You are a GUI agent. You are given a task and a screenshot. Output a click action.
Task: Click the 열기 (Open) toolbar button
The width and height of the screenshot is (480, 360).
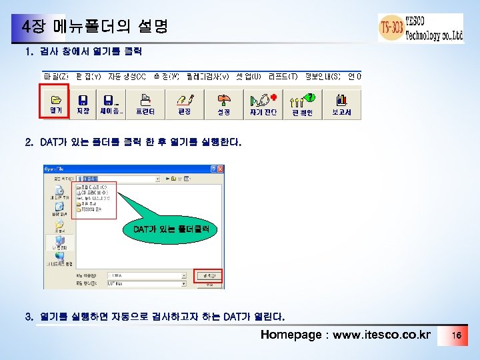click(x=57, y=104)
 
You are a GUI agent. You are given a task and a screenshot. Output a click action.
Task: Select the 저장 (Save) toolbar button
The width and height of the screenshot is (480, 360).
click(x=83, y=104)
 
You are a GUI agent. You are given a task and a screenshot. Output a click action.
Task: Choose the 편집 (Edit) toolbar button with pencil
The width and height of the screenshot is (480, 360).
click(x=184, y=104)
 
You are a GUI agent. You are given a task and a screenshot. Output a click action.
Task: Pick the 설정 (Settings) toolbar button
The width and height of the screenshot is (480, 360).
click(x=223, y=104)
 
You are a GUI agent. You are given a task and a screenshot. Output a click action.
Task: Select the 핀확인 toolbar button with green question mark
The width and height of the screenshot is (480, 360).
click(x=302, y=104)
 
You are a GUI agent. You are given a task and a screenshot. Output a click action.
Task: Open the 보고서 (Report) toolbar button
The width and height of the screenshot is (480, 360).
click(x=341, y=104)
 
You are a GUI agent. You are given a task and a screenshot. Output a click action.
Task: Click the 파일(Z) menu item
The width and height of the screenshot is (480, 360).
click(x=56, y=76)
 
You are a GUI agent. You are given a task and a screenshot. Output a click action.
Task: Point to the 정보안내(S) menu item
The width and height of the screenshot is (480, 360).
click(x=323, y=76)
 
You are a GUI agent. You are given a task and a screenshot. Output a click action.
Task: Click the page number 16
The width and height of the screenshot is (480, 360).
click(x=456, y=335)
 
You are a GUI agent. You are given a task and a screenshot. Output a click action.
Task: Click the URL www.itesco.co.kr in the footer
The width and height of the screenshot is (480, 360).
click(x=381, y=335)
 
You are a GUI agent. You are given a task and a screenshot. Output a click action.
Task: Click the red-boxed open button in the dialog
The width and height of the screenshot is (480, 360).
click(x=209, y=275)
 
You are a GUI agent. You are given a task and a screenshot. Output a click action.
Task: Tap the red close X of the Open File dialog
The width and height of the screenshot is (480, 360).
click(x=221, y=169)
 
